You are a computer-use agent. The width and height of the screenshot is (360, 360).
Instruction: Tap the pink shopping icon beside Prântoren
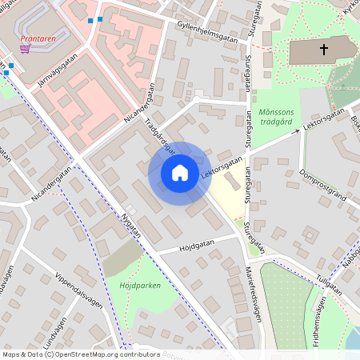(26, 48)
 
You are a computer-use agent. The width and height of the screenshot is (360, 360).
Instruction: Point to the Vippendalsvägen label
(80, 295)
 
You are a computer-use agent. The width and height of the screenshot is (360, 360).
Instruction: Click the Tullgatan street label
(328, 280)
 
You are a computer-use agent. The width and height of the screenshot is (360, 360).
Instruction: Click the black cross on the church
(324, 50)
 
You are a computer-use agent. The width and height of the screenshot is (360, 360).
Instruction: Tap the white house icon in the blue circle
(179, 173)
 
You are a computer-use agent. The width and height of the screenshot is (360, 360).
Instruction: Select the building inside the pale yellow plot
(230, 182)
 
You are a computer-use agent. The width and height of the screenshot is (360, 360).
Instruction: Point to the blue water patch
(351, 340)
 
